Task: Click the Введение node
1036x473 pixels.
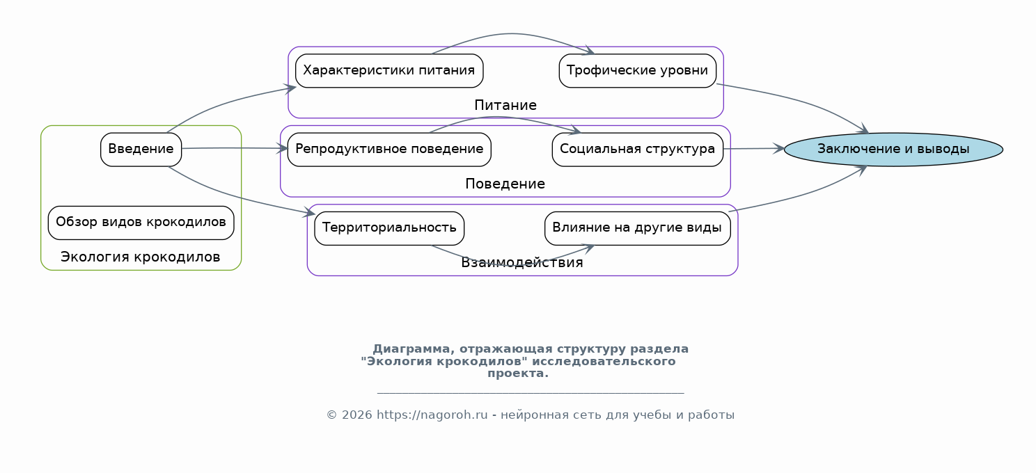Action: pos(141,149)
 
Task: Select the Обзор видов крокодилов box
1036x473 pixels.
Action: pos(141,223)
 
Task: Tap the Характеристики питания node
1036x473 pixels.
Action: pos(389,71)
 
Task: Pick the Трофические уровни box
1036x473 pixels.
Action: pos(637,71)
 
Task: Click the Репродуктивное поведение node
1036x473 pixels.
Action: pos(389,149)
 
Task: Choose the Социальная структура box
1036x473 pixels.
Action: pos(637,149)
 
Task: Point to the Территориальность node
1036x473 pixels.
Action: pos(389,228)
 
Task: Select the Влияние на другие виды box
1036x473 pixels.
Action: pos(637,228)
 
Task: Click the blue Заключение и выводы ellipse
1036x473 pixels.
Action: pos(893,149)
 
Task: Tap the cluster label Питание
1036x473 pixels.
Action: pos(505,105)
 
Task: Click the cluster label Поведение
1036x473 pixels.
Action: pos(505,184)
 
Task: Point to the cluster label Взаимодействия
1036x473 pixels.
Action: pos(522,262)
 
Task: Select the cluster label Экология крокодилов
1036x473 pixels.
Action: pos(140,257)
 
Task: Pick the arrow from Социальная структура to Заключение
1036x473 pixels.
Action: pos(754,148)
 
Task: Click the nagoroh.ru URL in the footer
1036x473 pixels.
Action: pos(432,415)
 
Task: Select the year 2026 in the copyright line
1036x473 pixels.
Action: pos(356,415)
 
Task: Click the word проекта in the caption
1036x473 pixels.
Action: pos(518,374)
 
